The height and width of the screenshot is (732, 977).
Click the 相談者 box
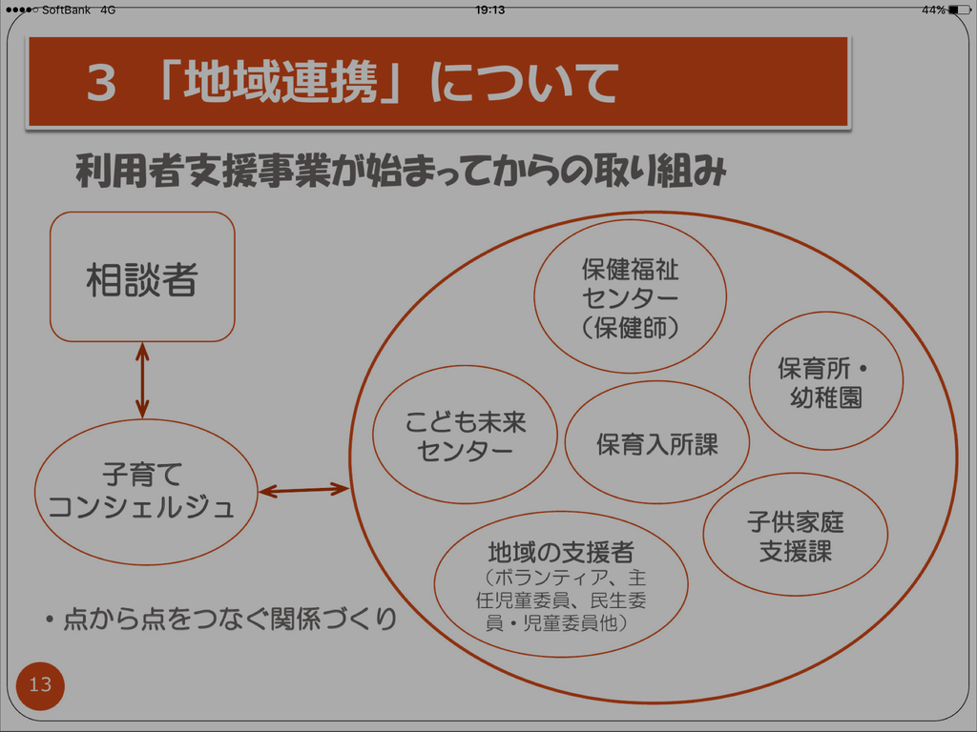point(142,277)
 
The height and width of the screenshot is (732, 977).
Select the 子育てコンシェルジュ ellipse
point(146,492)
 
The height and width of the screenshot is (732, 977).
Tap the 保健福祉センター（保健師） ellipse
point(630,296)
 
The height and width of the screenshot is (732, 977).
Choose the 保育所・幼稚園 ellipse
point(825,381)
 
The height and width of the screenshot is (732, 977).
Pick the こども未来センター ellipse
point(465,435)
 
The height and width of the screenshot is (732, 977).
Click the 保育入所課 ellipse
point(656,442)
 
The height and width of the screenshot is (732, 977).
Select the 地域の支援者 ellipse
point(561,583)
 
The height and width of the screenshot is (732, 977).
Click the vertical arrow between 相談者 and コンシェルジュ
point(142,380)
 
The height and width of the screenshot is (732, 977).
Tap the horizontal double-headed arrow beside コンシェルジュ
point(303,491)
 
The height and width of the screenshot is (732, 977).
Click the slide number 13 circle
point(40,684)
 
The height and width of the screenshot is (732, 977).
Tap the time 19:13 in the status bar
point(489,10)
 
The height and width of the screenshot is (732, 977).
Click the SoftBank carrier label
point(66,10)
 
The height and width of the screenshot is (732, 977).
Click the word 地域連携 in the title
point(281,83)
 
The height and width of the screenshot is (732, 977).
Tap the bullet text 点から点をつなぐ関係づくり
point(229,620)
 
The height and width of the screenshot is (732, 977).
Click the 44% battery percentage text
point(933,10)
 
